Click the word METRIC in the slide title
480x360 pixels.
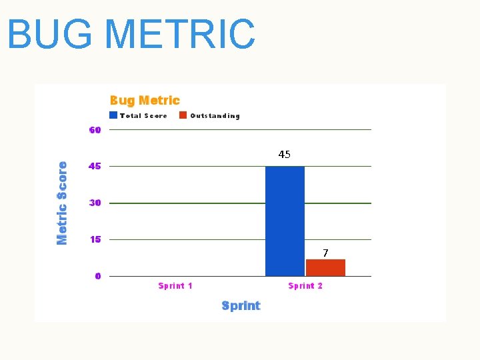click(180, 35)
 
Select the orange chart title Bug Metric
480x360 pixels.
click(145, 101)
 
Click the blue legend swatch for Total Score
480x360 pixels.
click(113, 115)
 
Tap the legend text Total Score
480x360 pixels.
click(143, 116)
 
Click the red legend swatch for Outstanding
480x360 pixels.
click(183, 115)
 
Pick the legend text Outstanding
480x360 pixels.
click(215, 116)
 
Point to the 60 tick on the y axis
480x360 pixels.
click(95, 130)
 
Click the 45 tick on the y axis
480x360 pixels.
click(95, 166)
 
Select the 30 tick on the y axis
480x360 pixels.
click(95, 203)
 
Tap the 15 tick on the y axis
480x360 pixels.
click(95, 239)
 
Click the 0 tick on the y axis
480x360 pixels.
click(98, 276)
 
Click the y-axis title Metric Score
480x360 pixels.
click(62, 203)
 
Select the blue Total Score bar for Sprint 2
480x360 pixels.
click(285, 221)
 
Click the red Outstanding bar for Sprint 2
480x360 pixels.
click(325, 267)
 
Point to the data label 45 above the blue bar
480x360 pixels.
click(285, 155)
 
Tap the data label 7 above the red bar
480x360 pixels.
click(325, 253)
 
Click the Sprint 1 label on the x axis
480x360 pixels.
click(175, 286)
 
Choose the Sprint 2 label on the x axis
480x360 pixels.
click(305, 286)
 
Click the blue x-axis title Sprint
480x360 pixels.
click(241, 306)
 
